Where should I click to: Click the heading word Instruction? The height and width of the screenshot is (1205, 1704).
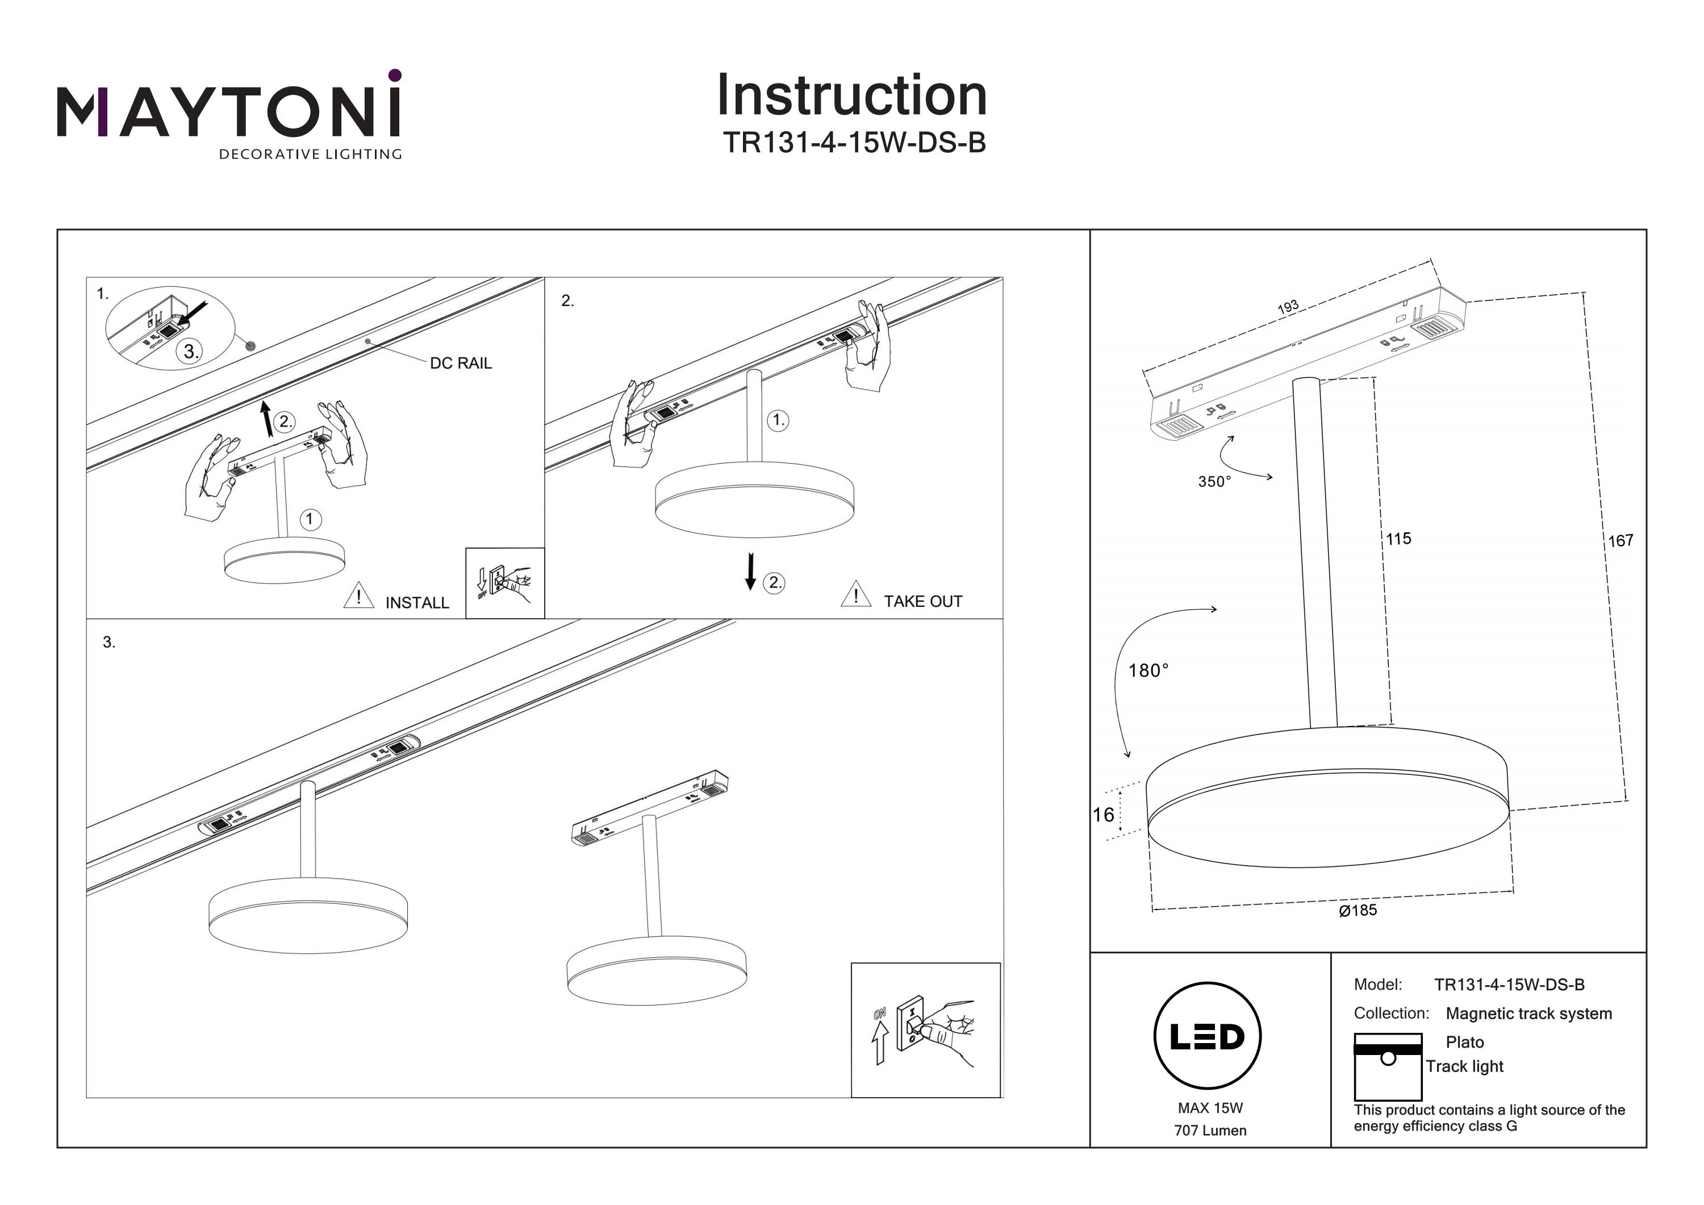click(x=851, y=96)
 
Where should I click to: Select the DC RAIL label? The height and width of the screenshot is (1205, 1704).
click(x=461, y=363)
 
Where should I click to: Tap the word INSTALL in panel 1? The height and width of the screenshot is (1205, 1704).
click(x=417, y=603)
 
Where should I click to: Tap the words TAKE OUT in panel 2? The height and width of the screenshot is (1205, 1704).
click(x=922, y=602)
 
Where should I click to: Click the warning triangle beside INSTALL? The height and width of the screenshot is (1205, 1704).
click(x=358, y=595)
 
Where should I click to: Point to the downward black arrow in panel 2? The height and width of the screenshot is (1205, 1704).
click(x=750, y=571)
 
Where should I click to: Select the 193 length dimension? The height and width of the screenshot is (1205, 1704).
click(x=1288, y=307)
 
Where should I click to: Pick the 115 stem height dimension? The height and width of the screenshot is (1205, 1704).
click(x=1398, y=539)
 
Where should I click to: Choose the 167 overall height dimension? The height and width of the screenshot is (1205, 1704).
click(x=1620, y=541)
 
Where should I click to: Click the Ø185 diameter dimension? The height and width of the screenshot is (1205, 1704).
click(x=1358, y=910)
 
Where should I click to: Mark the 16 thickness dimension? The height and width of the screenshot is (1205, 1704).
click(x=1103, y=815)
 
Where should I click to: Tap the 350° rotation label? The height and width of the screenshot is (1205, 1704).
click(x=1214, y=482)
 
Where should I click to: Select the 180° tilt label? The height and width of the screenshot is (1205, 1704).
click(x=1148, y=671)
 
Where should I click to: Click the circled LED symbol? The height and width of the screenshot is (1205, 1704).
click(x=1208, y=1036)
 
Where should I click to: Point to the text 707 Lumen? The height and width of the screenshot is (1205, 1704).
click(x=1210, y=1131)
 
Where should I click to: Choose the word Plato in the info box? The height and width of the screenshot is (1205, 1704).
click(x=1464, y=1043)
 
